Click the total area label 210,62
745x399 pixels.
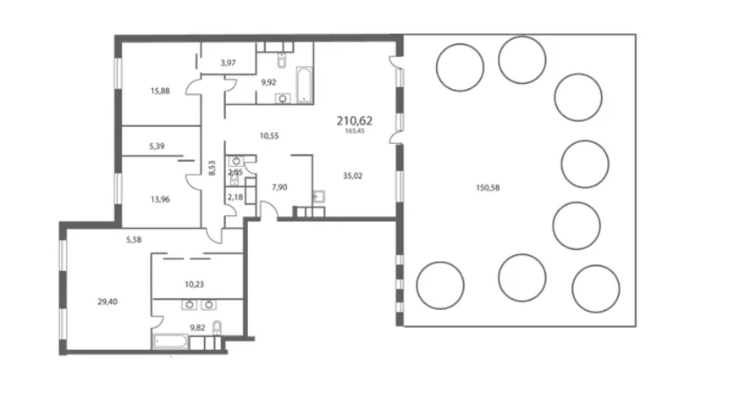[x=355, y=121]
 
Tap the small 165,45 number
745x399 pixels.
[x=355, y=131]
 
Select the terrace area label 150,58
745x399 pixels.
[x=488, y=188]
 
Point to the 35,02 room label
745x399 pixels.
[x=352, y=176]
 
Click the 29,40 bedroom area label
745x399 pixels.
[x=108, y=302]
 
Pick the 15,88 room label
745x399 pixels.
[x=160, y=91]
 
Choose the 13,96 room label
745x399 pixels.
[x=160, y=199]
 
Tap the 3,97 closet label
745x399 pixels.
[x=228, y=63]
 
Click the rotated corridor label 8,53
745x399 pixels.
[x=212, y=168]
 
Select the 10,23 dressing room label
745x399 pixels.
[x=195, y=285]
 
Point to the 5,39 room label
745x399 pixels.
[x=157, y=146]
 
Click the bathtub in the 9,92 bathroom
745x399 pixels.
[x=305, y=85]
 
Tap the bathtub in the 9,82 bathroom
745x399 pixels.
[x=170, y=342]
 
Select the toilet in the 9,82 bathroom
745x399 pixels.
[x=217, y=328]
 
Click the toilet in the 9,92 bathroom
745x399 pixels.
[x=281, y=60]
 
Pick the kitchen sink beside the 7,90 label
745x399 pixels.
[x=318, y=197]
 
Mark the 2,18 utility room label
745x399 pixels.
[x=235, y=197]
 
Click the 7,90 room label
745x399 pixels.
[x=279, y=187]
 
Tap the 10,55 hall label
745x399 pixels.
[x=269, y=136]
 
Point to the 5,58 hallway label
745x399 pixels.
[x=134, y=240]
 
